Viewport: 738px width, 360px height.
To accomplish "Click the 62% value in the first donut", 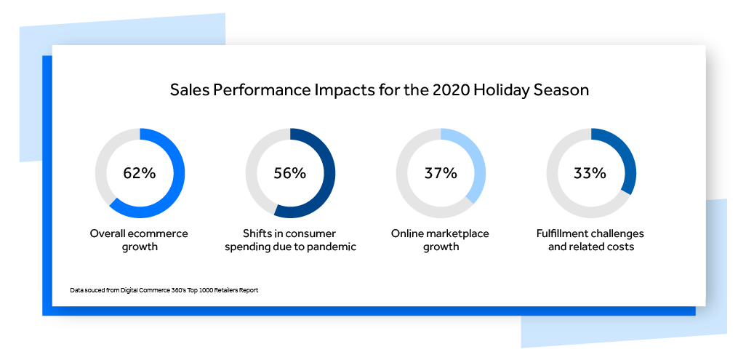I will click(140, 173).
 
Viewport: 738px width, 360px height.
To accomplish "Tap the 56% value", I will click(290, 173).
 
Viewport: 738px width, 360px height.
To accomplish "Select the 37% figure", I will click(441, 173).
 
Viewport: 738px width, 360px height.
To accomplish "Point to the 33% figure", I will click(590, 173).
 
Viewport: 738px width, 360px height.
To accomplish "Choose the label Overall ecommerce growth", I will click(140, 240).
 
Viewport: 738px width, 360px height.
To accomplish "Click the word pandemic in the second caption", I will click(332, 247).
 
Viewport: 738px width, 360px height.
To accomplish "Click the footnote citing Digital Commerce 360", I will click(164, 290).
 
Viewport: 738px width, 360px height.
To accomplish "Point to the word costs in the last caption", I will click(619, 247).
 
